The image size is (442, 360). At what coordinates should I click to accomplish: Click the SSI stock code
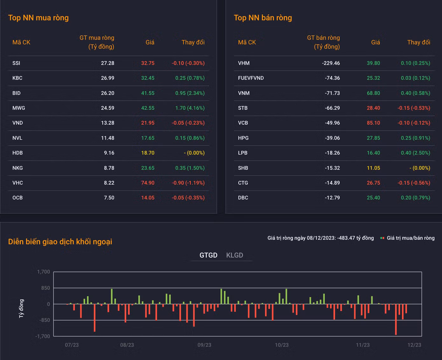(16, 63)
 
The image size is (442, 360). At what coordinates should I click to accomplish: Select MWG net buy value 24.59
(107, 108)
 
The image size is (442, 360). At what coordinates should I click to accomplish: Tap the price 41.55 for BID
(148, 93)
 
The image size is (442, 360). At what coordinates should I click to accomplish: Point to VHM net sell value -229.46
(331, 63)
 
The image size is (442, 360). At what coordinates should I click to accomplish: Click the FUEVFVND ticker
(251, 78)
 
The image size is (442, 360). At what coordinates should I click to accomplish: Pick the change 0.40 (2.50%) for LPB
(415, 153)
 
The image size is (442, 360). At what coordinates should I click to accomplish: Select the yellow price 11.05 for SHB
(373, 168)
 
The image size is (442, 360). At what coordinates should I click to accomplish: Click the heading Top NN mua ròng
(38, 18)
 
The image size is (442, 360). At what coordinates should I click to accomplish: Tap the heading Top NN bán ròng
(263, 18)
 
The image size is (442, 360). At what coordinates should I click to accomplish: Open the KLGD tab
(234, 255)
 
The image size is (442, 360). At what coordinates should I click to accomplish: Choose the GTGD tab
(208, 255)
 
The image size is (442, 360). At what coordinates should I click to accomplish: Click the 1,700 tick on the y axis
(43, 272)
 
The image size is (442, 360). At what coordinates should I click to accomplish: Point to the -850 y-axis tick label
(45, 320)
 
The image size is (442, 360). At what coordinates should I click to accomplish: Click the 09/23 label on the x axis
(204, 345)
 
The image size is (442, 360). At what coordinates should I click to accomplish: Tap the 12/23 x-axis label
(414, 345)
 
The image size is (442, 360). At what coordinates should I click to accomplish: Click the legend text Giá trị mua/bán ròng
(411, 238)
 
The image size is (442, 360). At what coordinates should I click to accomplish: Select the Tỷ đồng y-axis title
(21, 308)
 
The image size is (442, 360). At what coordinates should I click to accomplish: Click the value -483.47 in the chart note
(346, 238)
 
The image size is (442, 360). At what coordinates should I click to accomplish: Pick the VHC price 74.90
(148, 183)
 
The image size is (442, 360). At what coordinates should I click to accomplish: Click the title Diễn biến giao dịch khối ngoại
(60, 242)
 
